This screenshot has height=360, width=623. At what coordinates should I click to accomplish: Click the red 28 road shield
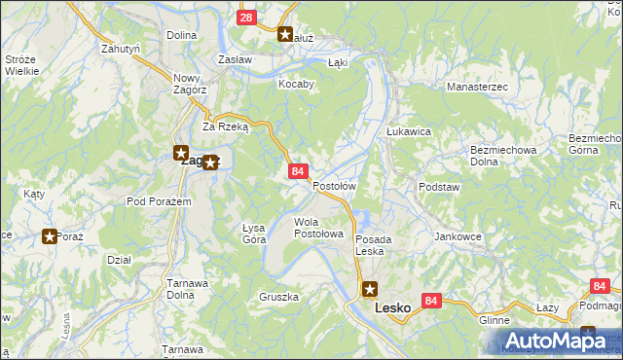(246, 18)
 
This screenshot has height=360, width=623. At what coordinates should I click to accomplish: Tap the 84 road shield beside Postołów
(297, 171)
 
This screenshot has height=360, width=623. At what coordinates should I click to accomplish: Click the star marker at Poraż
(50, 235)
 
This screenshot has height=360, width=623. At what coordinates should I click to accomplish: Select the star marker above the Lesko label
(370, 288)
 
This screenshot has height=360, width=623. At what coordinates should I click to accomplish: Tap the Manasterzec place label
(477, 87)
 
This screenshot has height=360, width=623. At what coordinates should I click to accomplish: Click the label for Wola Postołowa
(319, 228)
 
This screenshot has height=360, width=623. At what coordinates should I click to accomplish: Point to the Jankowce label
(458, 236)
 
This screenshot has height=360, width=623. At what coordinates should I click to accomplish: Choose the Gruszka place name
(278, 297)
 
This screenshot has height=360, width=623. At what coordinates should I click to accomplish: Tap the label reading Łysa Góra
(253, 233)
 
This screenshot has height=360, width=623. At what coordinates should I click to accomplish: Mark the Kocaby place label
(297, 84)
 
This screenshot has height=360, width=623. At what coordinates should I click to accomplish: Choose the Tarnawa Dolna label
(186, 289)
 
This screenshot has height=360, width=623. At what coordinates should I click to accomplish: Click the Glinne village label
(495, 319)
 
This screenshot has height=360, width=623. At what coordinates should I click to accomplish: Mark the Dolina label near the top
(182, 35)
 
